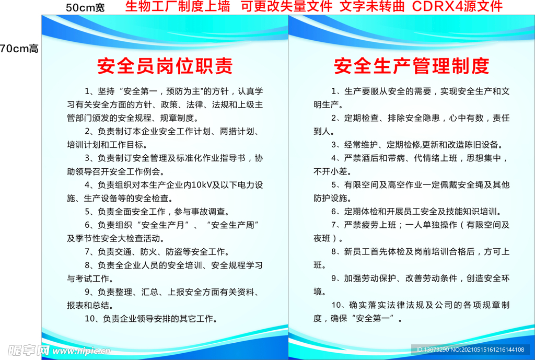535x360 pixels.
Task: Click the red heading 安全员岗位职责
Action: point(165,66)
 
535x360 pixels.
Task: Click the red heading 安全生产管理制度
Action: point(412,66)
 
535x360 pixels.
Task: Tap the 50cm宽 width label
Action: point(85,7)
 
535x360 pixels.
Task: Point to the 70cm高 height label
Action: point(19,49)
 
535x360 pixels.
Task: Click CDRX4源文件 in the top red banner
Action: point(457,6)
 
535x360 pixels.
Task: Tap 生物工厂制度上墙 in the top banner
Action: point(178,6)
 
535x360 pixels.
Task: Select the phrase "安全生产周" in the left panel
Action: point(234,225)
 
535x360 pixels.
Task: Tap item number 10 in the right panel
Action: point(337,305)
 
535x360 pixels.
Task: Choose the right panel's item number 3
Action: point(334,145)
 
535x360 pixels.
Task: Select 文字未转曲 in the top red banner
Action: point(373,6)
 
